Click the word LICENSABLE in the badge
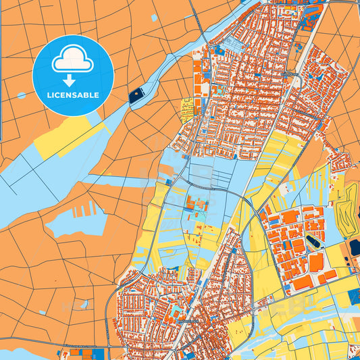tap(73, 95)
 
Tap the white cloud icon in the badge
tap(73, 61)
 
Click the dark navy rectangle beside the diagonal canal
tap(137, 95)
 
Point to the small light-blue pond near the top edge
tap(154, 18)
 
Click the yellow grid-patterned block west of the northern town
tap(186, 106)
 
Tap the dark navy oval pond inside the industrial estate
tap(313, 240)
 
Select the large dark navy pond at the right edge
tap(355, 248)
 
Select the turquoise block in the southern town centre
tap(178, 312)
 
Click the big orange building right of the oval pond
tap(316, 261)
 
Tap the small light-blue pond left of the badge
tap(21, 95)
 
